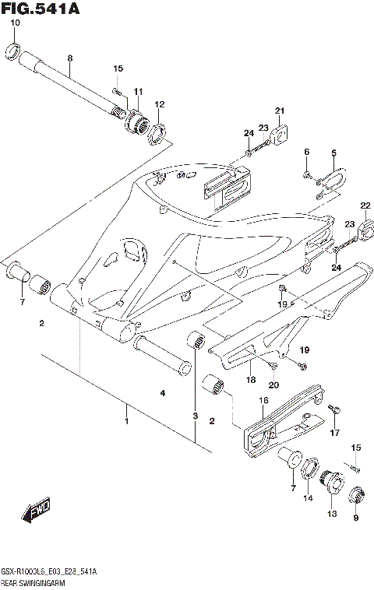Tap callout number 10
pyautogui.click(x=14, y=23)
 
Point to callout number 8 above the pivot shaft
pyautogui.click(x=69, y=59)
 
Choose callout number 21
pyautogui.click(x=280, y=111)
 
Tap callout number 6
pyautogui.click(x=307, y=151)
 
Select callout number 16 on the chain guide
pyautogui.click(x=263, y=400)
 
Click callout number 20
pyautogui.click(x=273, y=385)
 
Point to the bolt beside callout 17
pyautogui.click(x=333, y=409)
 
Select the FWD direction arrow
pyautogui.click(x=37, y=511)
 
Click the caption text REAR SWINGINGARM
pyautogui.click(x=34, y=581)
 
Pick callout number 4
pyautogui.click(x=163, y=394)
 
